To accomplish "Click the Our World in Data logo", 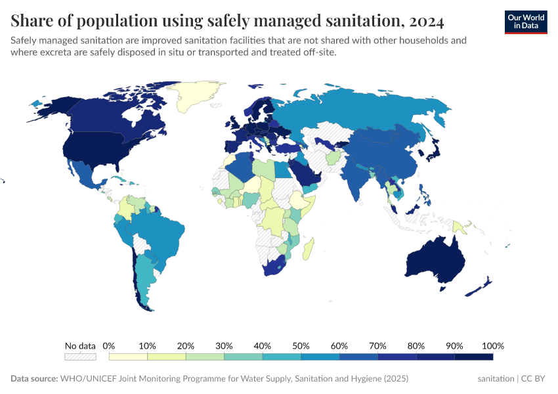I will tap(525, 22).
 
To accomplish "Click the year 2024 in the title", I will tap(425, 22).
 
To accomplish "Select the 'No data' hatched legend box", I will tap(80, 357).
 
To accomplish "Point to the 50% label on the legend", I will tap(301, 345).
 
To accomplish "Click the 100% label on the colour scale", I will tap(492, 345).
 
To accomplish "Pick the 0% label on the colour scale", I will tap(110, 345).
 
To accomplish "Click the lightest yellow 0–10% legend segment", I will tap(129, 357).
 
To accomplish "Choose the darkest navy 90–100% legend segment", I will tap(474, 357).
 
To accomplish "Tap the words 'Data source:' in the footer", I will tap(33, 379).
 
